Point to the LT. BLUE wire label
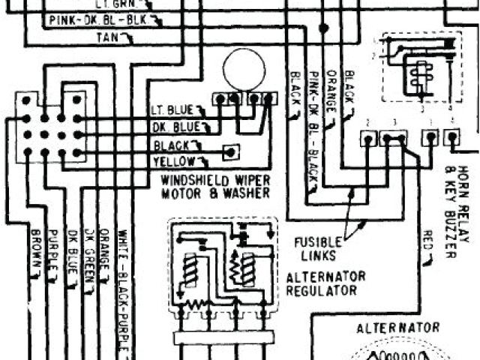coord(172,110)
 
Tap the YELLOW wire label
coord(174,161)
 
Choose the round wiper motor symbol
coord(244,69)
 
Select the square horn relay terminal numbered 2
coord(368,138)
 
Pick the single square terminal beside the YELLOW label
coord(232,151)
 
